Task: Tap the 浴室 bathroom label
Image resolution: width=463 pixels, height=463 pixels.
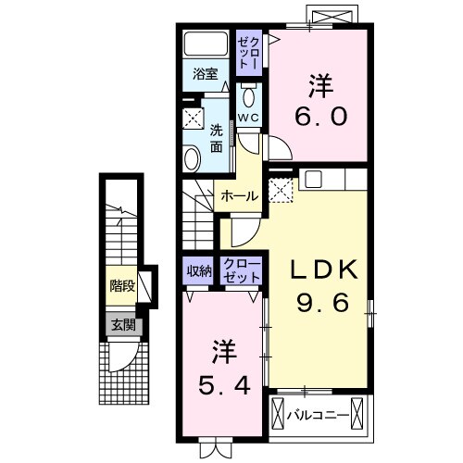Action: coord(204,73)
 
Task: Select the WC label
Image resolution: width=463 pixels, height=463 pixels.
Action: coord(248,119)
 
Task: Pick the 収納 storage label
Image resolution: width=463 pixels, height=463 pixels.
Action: coord(198,270)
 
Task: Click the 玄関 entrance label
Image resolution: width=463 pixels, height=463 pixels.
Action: coord(122,325)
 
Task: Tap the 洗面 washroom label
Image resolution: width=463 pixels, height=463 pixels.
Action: coord(216,138)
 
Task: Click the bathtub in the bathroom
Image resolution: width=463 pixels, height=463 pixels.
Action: coord(206,44)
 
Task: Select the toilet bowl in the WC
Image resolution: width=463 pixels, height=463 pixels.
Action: coord(248,97)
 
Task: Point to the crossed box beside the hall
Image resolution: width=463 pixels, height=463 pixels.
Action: coord(281,191)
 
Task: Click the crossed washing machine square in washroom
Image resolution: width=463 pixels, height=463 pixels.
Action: coord(193,119)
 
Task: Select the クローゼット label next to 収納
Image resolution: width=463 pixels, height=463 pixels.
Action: coord(242,270)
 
